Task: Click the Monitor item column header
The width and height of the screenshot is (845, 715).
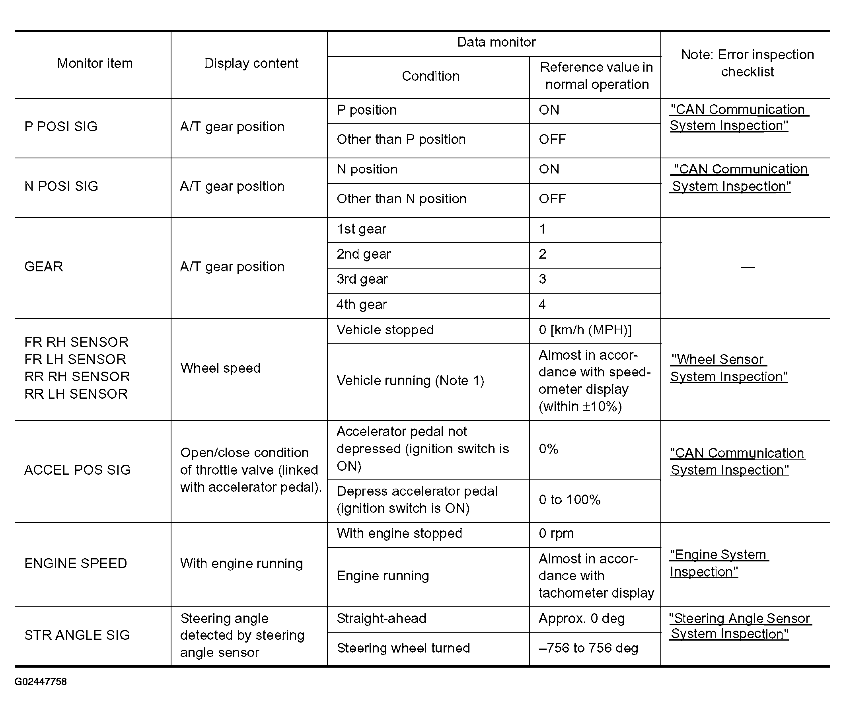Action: (95, 63)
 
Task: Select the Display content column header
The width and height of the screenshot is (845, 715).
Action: (251, 63)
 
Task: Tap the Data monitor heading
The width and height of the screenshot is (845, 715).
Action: (496, 42)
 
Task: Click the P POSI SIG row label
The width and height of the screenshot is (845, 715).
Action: (61, 127)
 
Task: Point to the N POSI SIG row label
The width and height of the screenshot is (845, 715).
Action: (61, 187)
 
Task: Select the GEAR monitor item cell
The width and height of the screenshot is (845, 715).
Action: (44, 267)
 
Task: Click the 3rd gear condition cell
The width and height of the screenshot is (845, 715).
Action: (362, 279)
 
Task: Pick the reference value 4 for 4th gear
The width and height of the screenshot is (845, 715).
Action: (542, 304)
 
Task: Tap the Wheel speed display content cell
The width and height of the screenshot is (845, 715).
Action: (220, 368)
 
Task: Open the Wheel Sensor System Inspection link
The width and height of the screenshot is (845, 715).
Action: (729, 368)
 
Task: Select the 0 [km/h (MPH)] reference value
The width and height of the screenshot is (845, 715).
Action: (585, 330)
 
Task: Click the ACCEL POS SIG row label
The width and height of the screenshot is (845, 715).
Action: (78, 470)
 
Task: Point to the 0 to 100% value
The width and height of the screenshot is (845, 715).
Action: (569, 500)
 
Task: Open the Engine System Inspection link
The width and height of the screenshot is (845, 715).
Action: (718, 563)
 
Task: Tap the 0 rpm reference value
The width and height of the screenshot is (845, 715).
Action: (556, 534)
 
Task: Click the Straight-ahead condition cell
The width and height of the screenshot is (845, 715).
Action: (382, 619)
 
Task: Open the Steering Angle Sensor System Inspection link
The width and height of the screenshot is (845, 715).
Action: (739, 626)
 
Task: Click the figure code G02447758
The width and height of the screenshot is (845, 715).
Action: (41, 682)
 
